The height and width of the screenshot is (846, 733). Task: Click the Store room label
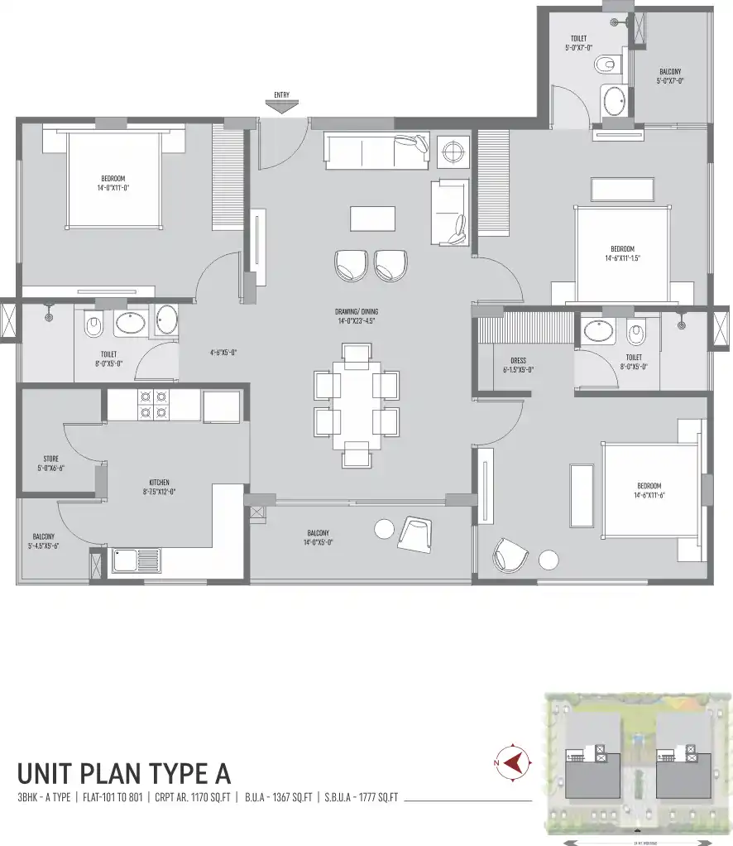click(50, 463)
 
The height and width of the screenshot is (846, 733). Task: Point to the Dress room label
click(519, 365)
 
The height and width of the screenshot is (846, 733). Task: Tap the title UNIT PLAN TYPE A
click(124, 773)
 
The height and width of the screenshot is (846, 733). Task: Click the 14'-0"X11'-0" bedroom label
click(113, 183)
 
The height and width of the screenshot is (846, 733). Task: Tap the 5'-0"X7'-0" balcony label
click(670, 76)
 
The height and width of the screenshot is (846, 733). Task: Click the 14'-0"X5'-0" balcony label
click(318, 538)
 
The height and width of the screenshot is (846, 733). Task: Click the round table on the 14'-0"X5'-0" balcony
click(385, 528)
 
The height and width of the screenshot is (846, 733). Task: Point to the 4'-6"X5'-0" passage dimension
click(223, 352)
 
